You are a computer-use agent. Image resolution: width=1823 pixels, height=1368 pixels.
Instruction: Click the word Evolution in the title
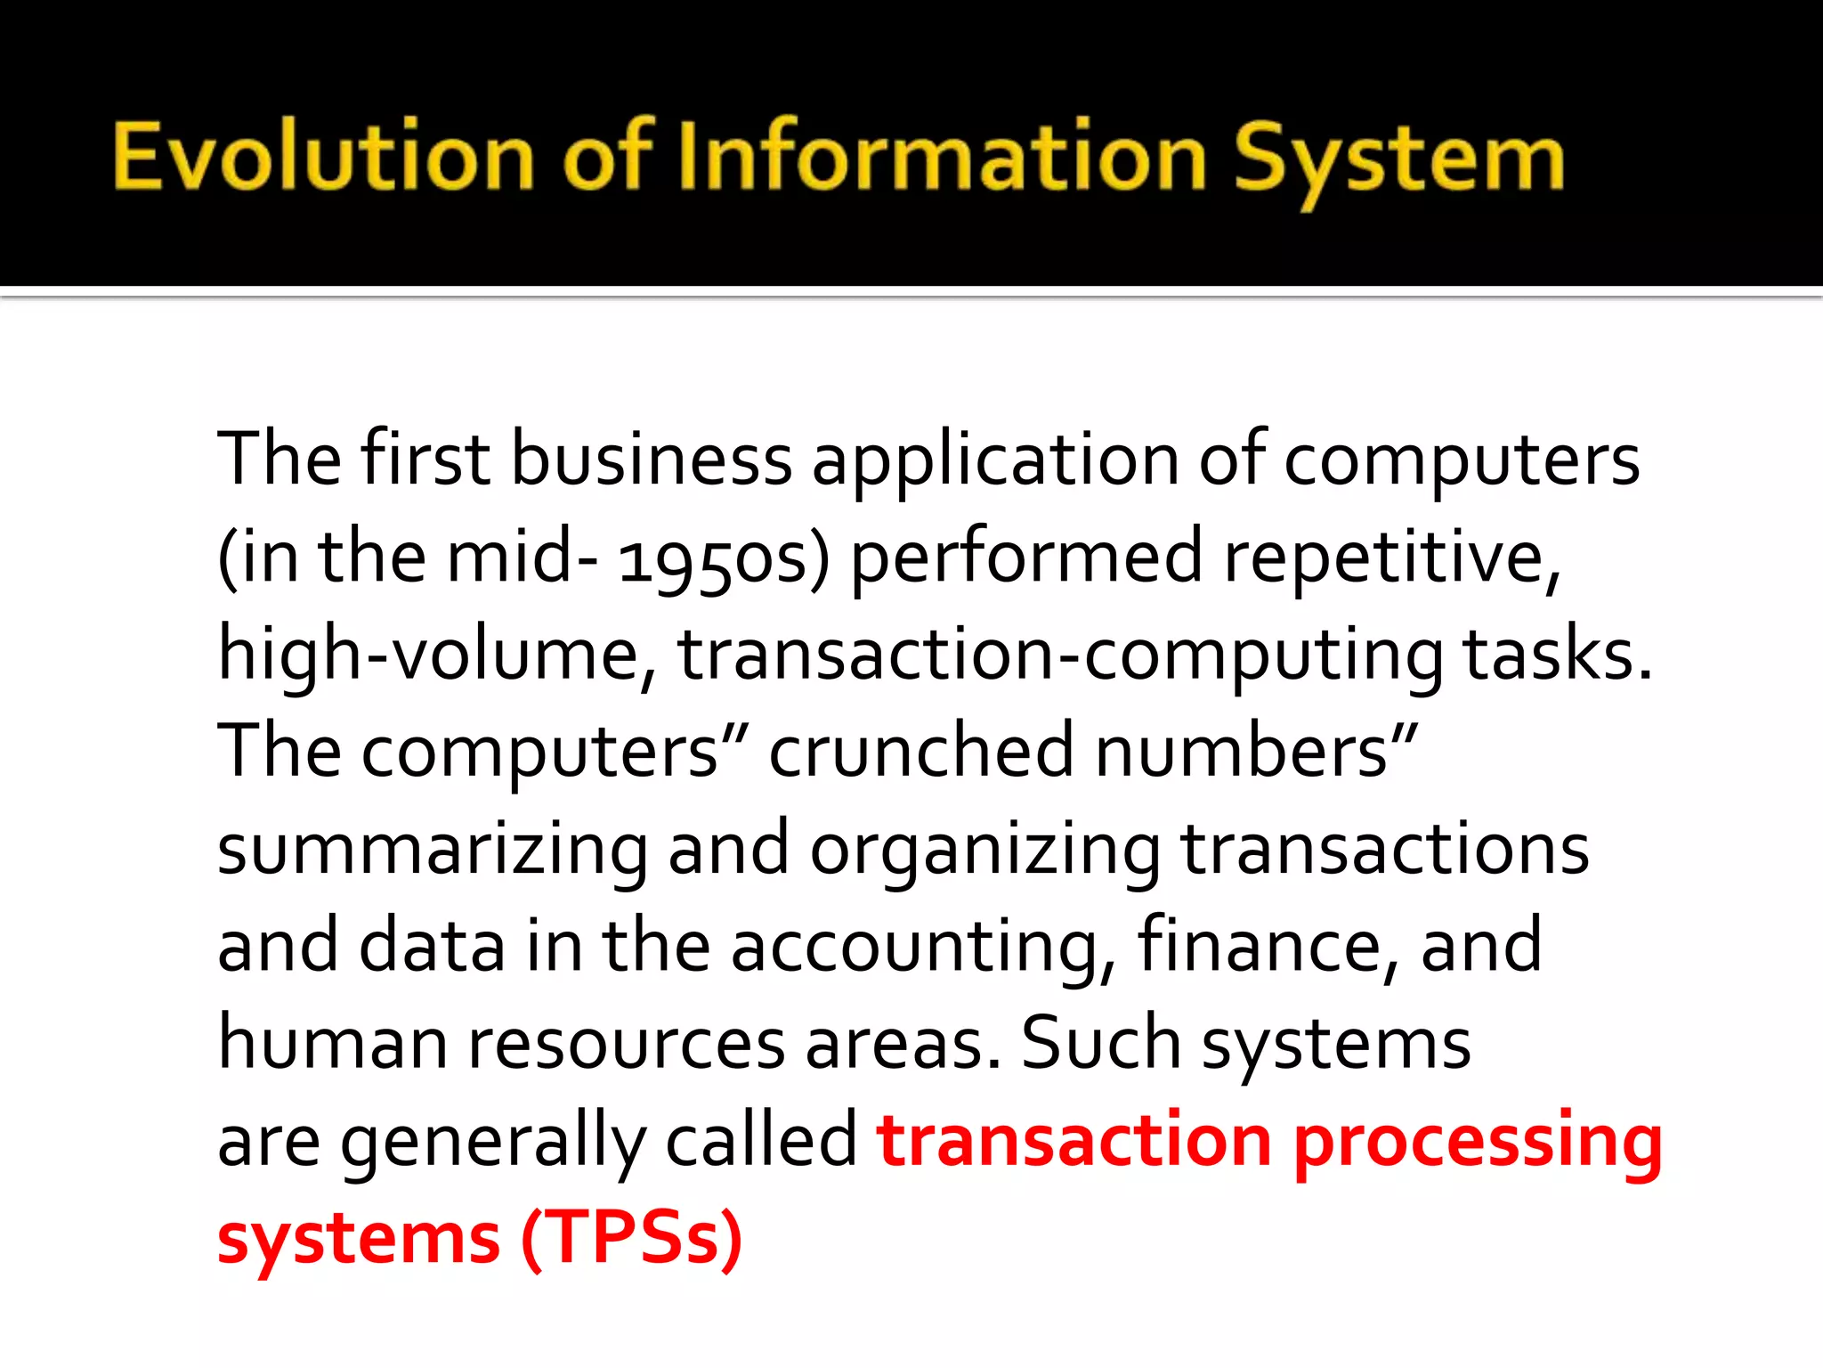pos(322,158)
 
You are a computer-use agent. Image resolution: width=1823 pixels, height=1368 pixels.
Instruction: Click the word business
pos(652,460)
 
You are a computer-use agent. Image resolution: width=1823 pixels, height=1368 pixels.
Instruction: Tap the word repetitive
pos(1392,559)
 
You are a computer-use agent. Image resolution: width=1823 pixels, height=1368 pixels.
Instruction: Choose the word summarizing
pos(433,851)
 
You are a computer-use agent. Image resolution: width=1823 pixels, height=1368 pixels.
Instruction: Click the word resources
pos(627,1044)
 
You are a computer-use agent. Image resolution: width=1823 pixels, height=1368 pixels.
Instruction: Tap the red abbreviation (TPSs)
pos(631,1238)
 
